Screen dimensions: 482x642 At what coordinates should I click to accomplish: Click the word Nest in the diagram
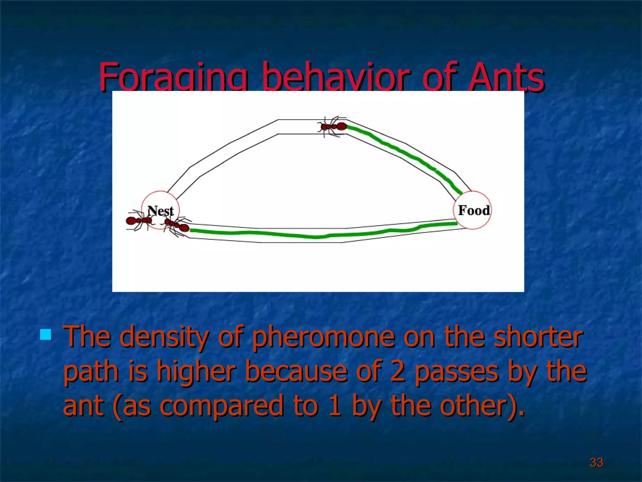point(160,211)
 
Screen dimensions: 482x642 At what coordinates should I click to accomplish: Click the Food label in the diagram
point(474,210)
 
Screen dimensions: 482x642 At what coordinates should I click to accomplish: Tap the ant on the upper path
point(333,126)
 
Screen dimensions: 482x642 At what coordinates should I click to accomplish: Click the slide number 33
point(596,462)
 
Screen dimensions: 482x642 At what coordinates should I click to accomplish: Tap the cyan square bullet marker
point(46,335)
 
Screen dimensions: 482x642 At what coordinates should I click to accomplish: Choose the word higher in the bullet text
point(196,371)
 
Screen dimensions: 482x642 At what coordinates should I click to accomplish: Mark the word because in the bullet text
point(296,371)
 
